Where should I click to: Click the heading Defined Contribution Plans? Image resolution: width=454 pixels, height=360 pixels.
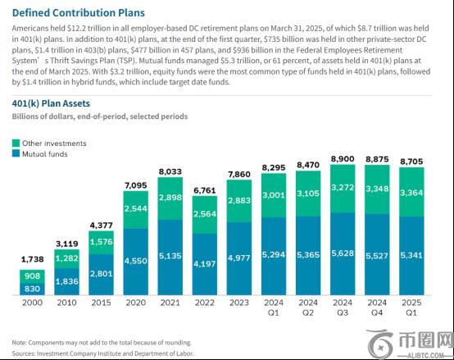point(78,13)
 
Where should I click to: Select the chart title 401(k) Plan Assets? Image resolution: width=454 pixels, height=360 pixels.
point(51,103)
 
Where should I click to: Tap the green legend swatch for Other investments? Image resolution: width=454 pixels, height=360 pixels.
point(16,143)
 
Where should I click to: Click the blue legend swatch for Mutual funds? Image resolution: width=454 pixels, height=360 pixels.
point(16,153)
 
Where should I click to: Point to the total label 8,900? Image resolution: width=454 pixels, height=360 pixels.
point(343,159)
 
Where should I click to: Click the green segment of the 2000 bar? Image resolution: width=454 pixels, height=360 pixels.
point(32,276)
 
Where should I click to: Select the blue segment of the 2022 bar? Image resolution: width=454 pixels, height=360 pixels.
point(205,264)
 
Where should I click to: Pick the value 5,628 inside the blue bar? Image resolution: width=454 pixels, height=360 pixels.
point(343,253)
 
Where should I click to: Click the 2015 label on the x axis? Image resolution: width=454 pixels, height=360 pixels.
point(101,303)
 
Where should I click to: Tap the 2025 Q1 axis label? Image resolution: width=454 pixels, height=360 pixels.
point(411,308)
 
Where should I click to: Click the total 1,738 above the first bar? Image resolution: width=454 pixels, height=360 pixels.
point(33,259)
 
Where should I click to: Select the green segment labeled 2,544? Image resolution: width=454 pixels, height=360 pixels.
point(135,210)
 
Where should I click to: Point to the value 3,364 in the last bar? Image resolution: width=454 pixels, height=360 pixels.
point(411,193)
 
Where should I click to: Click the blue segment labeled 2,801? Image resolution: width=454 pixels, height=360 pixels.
point(101,275)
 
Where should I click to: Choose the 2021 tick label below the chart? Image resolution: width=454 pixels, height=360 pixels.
point(170,303)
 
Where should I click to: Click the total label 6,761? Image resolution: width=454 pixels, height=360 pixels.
point(205,190)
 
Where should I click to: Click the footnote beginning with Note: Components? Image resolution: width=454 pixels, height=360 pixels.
point(102,343)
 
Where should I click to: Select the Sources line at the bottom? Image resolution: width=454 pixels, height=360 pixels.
point(102,353)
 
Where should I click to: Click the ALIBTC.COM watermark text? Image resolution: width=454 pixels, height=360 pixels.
point(425,355)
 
